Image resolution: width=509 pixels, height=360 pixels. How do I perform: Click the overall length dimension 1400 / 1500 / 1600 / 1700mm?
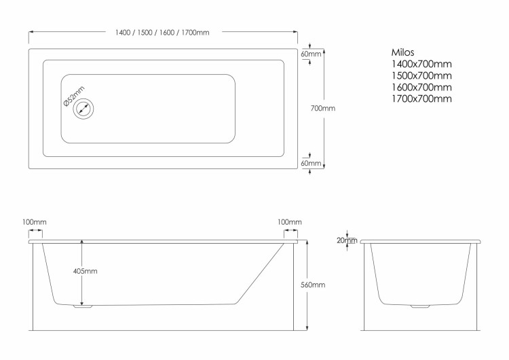tap(162, 33)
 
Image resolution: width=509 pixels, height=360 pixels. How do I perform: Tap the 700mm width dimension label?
tap(322, 108)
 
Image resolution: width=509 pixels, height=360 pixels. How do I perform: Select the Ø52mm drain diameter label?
tap(74, 96)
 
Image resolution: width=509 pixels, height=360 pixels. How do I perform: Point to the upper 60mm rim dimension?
tap(311, 54)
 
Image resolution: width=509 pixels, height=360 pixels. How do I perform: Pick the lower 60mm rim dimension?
tap(311, 163)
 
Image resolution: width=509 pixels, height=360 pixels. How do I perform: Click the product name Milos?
tap(402, 52)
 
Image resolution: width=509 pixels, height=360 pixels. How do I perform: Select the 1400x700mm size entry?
tap(421, 64)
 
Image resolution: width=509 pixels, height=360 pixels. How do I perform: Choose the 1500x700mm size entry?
tap(421, 75)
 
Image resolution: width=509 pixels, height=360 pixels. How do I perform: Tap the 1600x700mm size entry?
tap(421, 88)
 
